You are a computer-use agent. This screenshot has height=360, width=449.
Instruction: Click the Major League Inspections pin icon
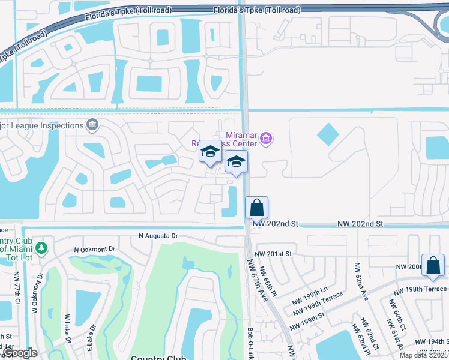(92, 125)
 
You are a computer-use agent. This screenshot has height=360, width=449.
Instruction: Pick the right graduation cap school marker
(237, 161)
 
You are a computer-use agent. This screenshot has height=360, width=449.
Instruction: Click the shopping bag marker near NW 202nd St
(256, 208)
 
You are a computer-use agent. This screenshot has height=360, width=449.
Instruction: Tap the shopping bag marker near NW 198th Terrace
(433, 265)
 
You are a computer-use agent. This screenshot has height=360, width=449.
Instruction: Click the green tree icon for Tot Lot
(41, 248)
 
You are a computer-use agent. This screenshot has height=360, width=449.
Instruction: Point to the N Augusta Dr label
(158, 236)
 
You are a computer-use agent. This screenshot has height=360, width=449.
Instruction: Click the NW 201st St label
(274, 254)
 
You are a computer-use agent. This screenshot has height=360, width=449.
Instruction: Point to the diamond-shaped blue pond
(328, 134)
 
